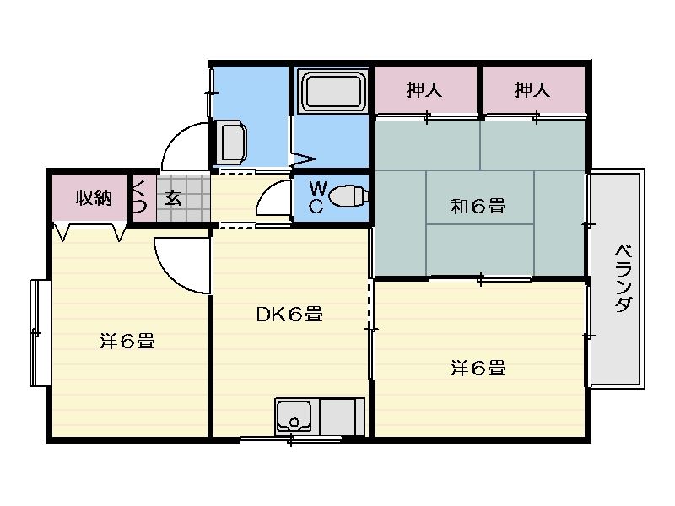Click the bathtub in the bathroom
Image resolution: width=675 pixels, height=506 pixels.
332,90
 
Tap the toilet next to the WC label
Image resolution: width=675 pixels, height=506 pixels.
348,196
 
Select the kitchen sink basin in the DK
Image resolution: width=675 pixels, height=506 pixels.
294,416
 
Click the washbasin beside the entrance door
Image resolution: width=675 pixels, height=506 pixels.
231,142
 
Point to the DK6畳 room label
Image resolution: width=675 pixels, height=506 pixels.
289,314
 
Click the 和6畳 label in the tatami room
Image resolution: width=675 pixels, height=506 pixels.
478,206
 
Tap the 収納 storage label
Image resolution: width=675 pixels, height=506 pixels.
94,198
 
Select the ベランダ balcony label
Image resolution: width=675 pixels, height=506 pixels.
623,278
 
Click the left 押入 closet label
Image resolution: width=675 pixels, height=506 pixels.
424,90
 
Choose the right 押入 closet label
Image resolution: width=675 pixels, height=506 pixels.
532,90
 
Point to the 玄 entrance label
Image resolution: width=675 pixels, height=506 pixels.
173,198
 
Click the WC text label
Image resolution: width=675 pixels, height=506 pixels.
317,197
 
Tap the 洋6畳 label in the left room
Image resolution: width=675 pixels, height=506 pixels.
127,342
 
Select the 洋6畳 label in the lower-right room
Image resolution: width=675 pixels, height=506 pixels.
478,369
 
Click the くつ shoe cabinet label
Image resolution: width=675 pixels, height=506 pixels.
139,197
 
